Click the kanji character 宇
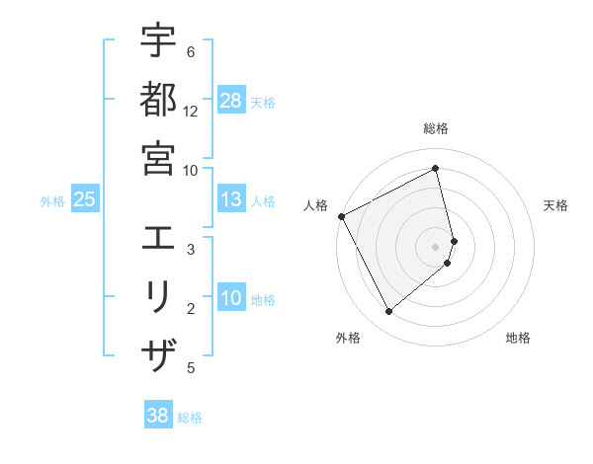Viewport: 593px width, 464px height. pos(158,41)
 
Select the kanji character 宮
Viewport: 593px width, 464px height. pos(158,157)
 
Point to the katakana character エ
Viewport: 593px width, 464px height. pos(158,238)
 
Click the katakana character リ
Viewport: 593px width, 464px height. pos(158,297)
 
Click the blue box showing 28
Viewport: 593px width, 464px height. pos(231,101)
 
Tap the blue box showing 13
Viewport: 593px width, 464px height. pos(231,199)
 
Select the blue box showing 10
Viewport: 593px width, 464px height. pos(231,299)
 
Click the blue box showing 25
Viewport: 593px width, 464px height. pos(85,199)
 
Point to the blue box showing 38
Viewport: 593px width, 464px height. pos(158,416)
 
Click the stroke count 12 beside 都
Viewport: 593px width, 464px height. pos(191,112)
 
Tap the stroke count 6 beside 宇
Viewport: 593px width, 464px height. pos(191,51)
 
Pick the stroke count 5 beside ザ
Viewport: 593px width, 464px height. pos(191,368)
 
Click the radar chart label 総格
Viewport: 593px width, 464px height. pos(436,128)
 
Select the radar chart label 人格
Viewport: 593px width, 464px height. pos(316,205)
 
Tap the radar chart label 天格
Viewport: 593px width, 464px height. pos(555,205)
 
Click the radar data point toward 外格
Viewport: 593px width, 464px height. pos(388,312)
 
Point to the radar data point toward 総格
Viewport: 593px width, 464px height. pos(436,169)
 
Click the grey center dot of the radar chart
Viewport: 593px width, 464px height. pos(436,246)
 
